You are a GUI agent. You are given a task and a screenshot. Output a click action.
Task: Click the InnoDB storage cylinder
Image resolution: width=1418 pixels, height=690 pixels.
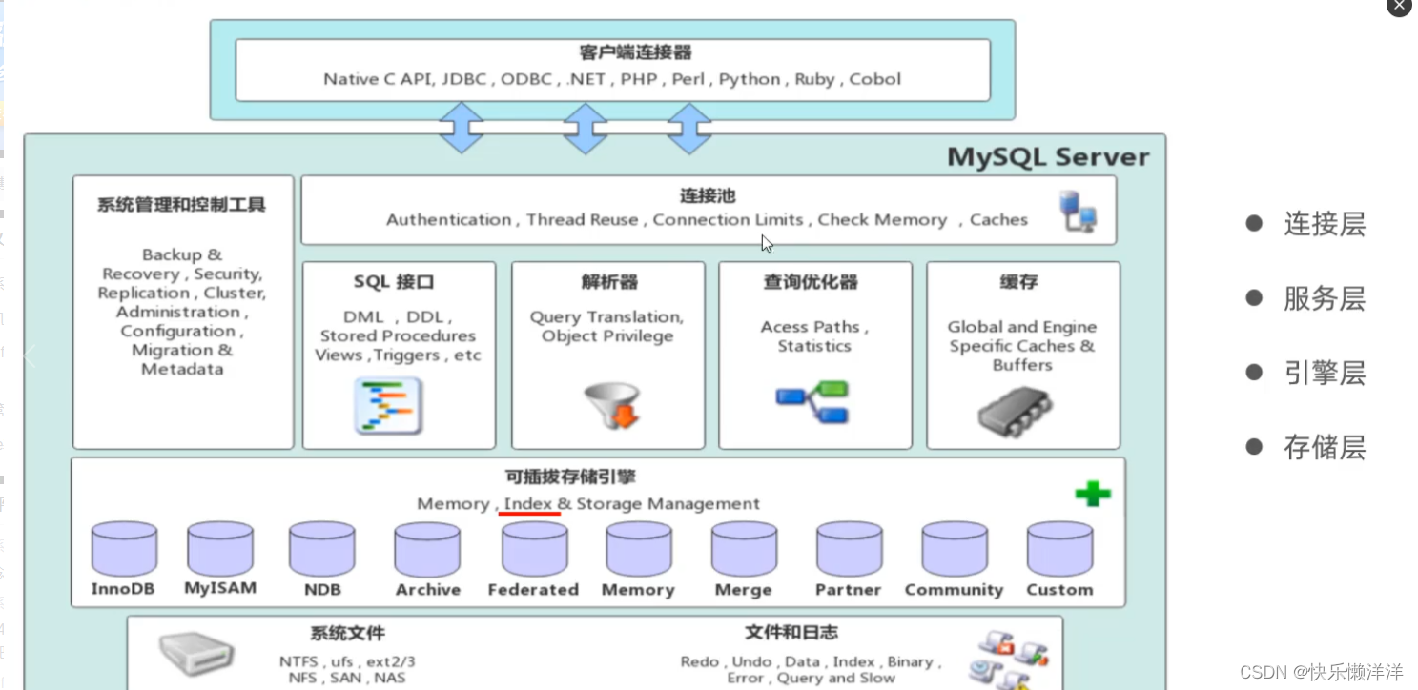point(124,549)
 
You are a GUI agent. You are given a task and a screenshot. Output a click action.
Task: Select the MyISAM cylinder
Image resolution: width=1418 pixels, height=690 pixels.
point(220,549)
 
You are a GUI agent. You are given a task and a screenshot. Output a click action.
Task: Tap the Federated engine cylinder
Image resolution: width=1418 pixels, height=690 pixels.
point(534,549)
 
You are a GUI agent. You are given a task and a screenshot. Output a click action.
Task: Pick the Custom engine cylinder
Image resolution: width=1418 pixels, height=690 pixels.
point(1059,549)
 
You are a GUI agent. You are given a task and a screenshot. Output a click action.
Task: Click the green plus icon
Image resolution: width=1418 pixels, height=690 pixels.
point(1092,494)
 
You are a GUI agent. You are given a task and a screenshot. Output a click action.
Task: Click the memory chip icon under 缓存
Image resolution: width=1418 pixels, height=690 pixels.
point(1015,411)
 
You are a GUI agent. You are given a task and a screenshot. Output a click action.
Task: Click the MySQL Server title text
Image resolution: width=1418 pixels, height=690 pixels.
point(1048,157)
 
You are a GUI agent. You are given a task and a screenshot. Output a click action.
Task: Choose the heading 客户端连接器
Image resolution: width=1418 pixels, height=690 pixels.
point(622,52)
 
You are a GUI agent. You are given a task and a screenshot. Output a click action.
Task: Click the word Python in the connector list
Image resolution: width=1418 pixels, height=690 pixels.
point(750,79)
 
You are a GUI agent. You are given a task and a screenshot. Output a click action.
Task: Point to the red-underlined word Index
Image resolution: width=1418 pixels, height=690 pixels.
point(528,503)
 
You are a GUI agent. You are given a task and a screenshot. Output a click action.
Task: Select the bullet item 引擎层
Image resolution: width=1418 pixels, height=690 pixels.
point(1325,373)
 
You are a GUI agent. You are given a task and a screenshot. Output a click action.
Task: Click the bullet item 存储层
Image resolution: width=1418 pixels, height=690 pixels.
point(1325,447)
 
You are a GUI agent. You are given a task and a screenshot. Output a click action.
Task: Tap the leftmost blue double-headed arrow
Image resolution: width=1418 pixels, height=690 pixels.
point(462,128)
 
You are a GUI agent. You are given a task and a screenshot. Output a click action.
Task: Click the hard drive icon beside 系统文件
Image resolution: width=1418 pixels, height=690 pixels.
point(195,655)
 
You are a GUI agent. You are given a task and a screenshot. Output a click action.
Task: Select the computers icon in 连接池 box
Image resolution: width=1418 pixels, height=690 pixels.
point(1079,212)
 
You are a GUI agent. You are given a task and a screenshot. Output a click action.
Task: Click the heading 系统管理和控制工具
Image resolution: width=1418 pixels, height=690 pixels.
point(181,205)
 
